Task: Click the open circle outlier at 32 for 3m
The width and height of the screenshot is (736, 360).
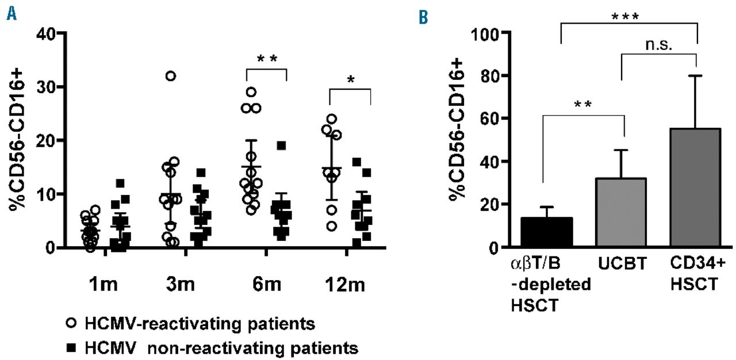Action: (x=171, y=76)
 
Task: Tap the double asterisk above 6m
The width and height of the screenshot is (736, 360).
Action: (x=266, y=60)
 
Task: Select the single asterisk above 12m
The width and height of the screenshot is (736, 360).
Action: (x=351, y=79)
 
